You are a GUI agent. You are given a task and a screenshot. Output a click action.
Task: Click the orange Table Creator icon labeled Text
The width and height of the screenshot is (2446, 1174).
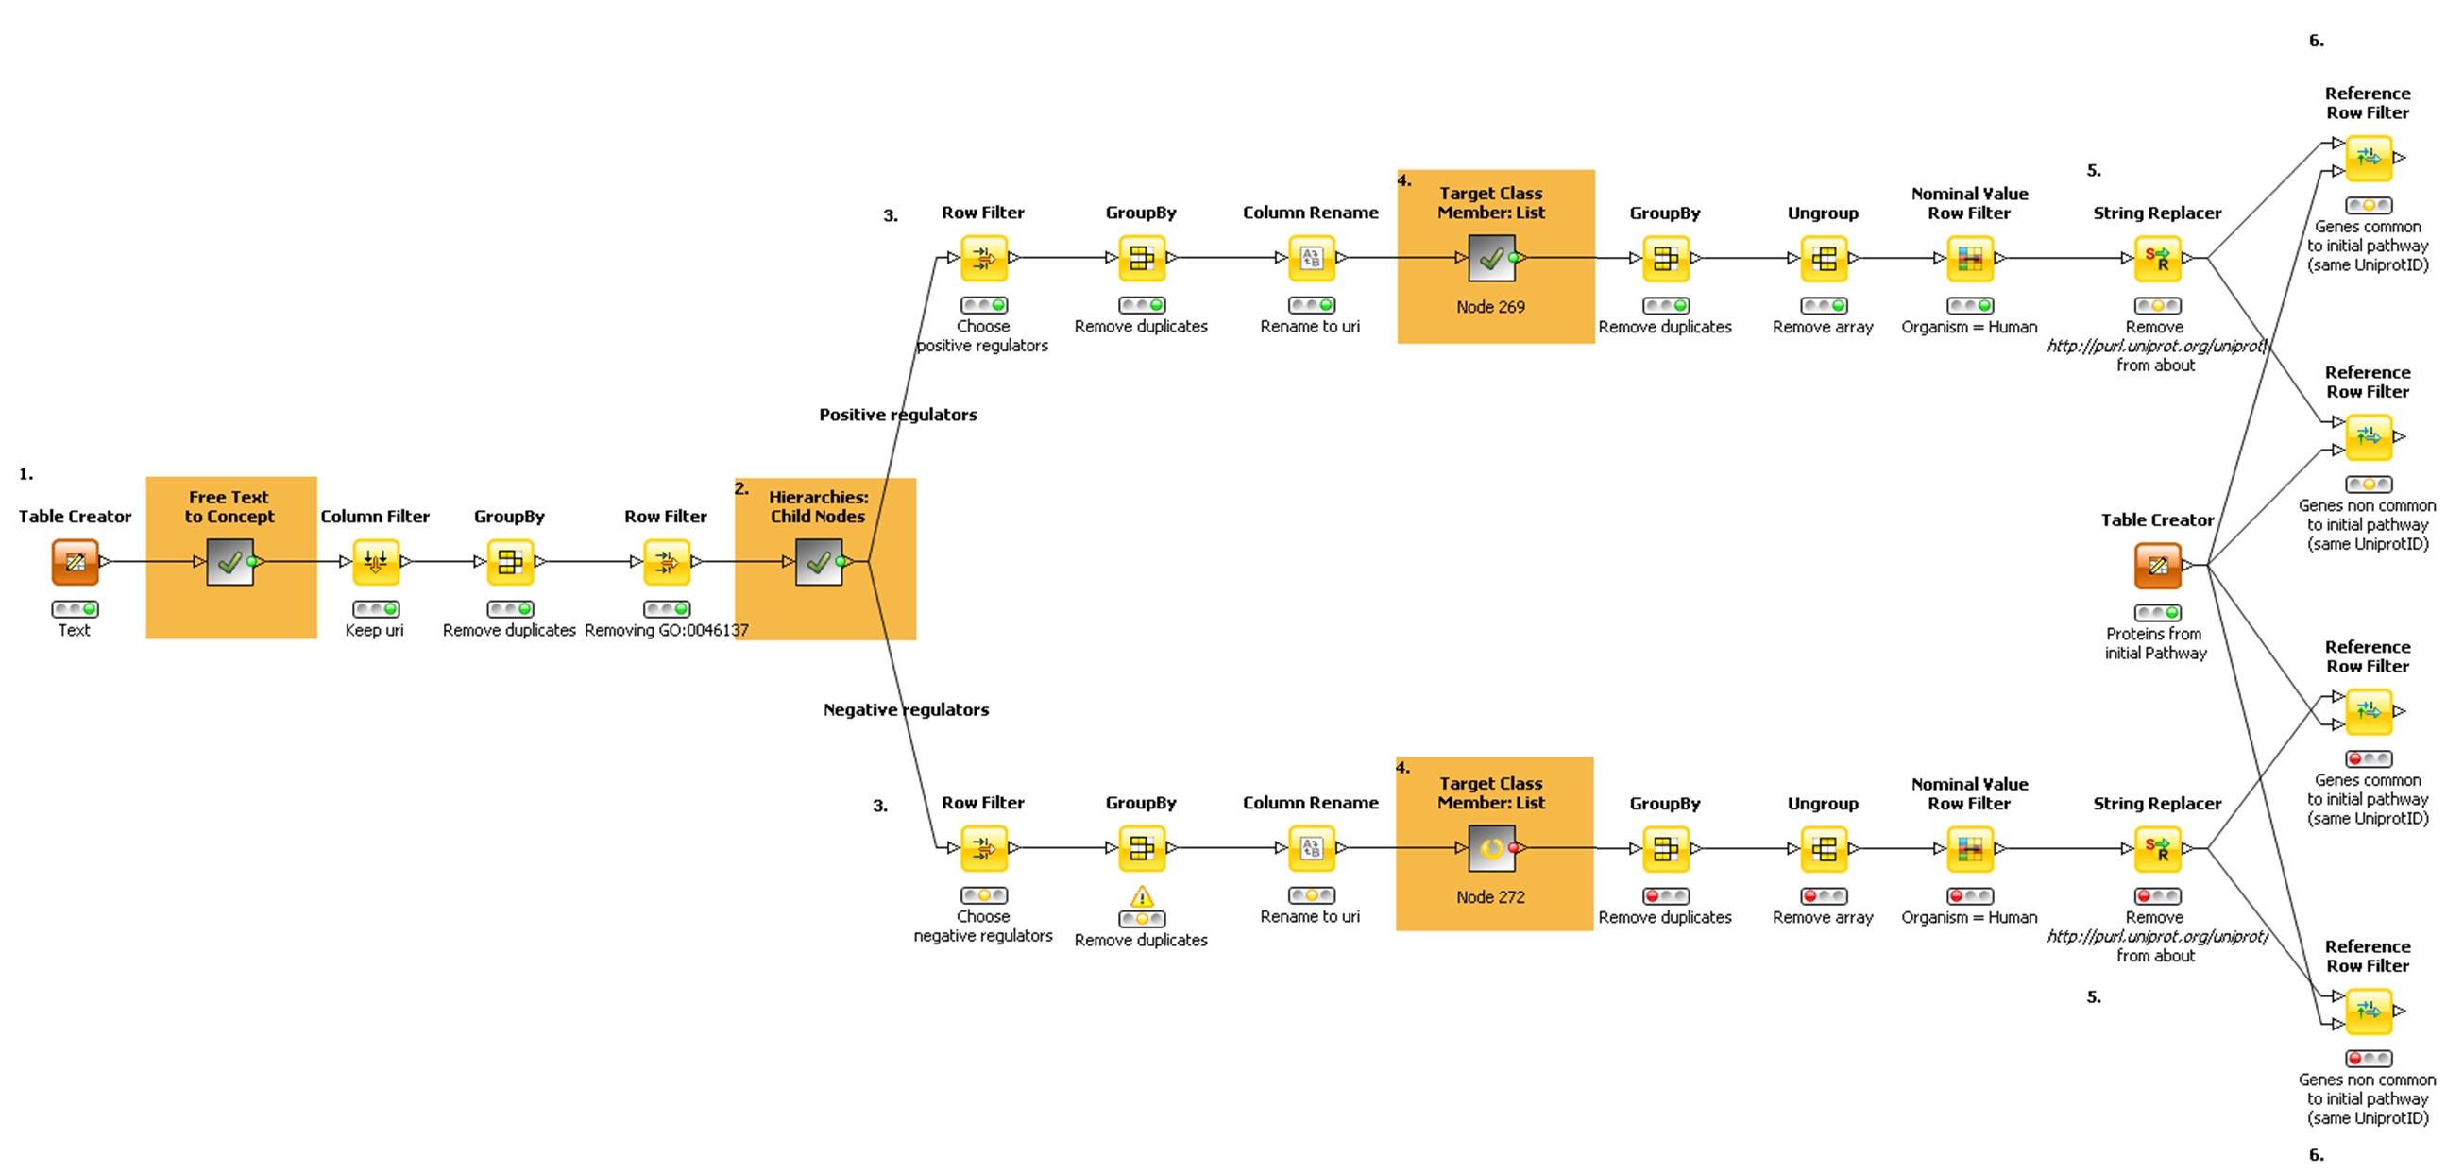click(x=75, y=561)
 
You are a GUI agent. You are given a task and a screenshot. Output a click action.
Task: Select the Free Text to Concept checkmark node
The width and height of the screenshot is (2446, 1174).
click(x=229, y=562)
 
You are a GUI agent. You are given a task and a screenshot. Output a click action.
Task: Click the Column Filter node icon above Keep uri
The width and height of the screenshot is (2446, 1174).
click(x=375, y=561)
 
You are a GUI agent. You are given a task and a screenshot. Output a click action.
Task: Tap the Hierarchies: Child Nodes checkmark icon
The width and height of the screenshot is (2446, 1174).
click(x=819, y=562)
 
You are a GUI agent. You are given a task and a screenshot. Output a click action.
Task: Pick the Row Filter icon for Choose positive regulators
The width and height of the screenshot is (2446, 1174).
click(x=984, y=258)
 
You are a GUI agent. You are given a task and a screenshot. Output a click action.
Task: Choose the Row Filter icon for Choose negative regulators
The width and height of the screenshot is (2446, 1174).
click(x=984, y=847)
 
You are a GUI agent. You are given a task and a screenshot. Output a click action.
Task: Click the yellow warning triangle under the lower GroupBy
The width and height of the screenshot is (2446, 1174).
click(x=1142, y=895)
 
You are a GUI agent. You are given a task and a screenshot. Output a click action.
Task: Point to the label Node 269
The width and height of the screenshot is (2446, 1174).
click(x=1491, y=307)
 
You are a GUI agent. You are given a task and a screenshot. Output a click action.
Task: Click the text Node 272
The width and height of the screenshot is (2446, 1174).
click(x=1491, y=896)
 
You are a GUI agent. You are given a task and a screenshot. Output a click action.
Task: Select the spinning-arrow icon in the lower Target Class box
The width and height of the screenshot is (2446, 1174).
click(x=1491, y=847)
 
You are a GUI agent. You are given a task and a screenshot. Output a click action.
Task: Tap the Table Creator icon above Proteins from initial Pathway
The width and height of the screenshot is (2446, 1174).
click(x=2157, y=565)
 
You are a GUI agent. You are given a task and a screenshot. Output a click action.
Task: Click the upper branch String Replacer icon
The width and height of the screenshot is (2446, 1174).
click(x=2157, y=258)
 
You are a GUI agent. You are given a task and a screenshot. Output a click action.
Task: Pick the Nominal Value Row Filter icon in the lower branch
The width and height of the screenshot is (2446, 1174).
click(x=1969, y=848)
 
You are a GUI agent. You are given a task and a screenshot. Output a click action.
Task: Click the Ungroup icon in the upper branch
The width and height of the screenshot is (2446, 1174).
click(x=1823, y=259)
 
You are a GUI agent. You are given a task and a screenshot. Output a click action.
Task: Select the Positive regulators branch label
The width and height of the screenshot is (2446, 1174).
click(x=897, y=414)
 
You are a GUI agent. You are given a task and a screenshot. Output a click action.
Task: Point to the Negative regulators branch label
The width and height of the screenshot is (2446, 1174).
click(x=906, y=709)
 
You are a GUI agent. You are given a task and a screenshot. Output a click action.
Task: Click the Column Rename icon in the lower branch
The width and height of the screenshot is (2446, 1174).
click(x=1312, y=847)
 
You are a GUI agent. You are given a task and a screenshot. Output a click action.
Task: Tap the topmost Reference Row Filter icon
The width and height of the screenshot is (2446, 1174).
click(x=2369, y=158)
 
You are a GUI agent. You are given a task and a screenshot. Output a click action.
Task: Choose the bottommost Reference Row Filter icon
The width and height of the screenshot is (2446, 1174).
click(x=2369, y=1011)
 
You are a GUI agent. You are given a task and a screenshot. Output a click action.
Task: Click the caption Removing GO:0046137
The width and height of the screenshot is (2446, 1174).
click(x=667, y=630)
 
